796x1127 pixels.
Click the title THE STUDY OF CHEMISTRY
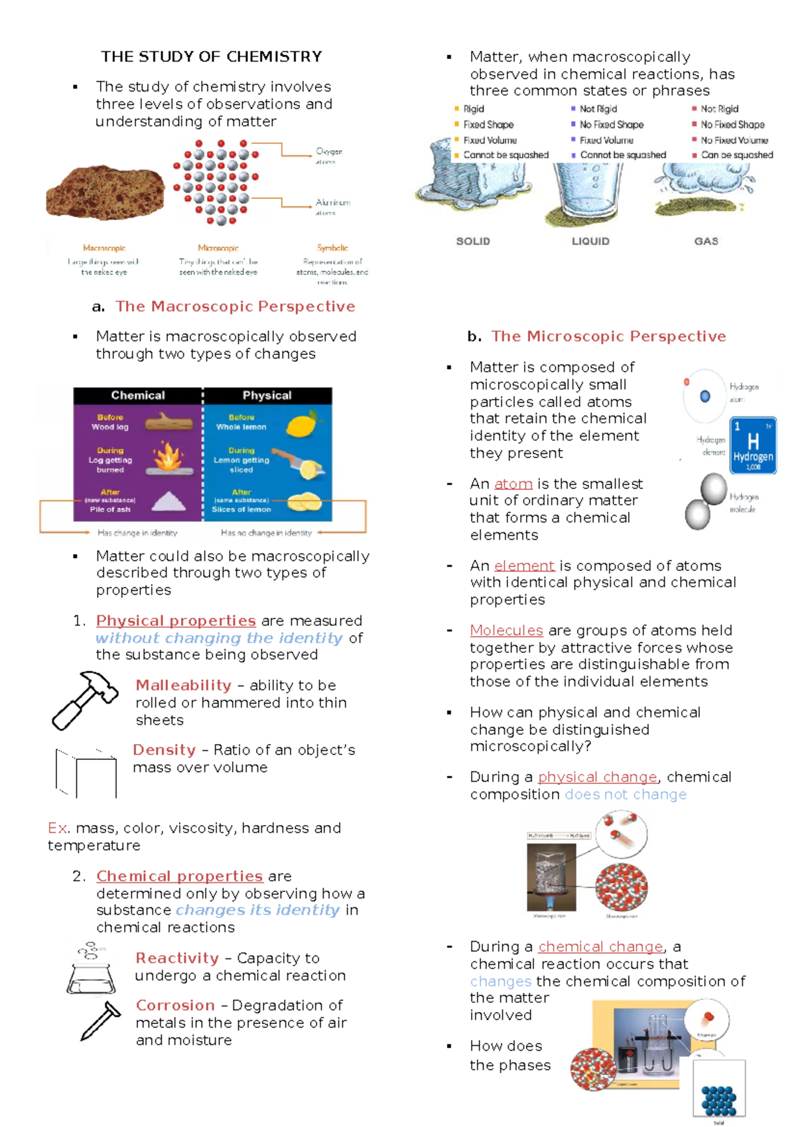click(x=212, y=56)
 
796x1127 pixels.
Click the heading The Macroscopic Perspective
click(x=235, y=306)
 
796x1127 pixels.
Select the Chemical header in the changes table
click(x=138, y=395)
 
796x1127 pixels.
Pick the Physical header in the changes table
click(x=267, y=395)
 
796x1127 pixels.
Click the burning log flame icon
click(x=168, y=457)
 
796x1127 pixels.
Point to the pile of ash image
click(x=168, y=501)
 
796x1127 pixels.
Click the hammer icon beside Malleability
click(x=84, y=700)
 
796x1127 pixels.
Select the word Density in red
click(x=164, y=749)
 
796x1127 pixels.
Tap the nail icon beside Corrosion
click(x=100, y=1021)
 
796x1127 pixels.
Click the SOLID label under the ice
click(x=473, y=241)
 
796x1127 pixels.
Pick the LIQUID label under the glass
click(x=590, y=241)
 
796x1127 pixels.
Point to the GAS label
click(x=706, y=241)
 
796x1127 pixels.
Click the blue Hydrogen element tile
click(x=753, y=445)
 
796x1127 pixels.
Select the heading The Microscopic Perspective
click(x=608, y=336)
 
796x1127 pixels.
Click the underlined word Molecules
click(x=506, y=630)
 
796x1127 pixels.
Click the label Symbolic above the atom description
click(x=332, y=248)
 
